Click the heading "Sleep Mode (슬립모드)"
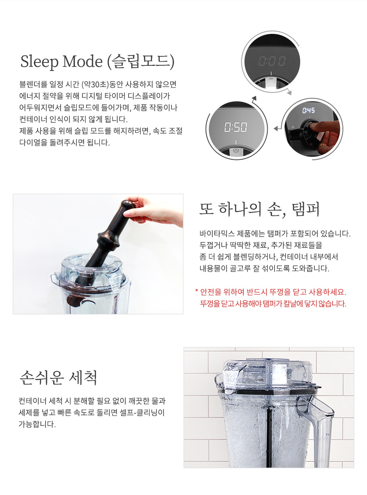coord(97,62)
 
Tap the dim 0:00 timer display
coord(272,61)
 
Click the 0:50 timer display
coord(236,127)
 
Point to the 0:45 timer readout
coord(308,110)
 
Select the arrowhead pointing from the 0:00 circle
coord(289,93)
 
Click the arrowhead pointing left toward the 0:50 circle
coord(276,128)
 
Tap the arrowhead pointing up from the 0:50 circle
coord(254,99)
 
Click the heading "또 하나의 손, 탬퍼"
coord(259,209)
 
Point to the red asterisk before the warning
coord(197,291)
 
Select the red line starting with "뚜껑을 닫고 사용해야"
coord(273,304)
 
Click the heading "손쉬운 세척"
coord(58,377)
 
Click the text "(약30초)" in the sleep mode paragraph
coord(95,84)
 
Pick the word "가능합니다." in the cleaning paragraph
coord(37,424)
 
